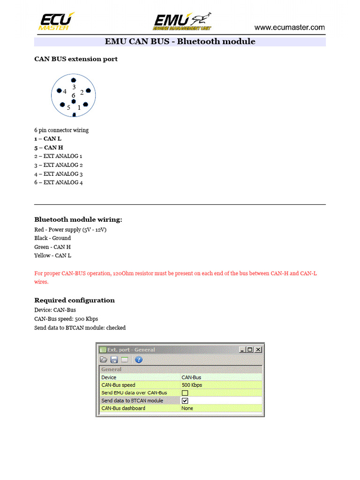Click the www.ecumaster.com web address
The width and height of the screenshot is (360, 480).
pyautogui.click(x=289, y=28)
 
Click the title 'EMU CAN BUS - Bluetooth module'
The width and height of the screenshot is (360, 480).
pyautogui.click(x=180, y=42)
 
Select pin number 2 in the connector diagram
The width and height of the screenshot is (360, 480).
pyautogui.click(x=82, y=92)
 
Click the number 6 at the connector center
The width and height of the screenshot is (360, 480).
pyautogui.click(x=74, y=96)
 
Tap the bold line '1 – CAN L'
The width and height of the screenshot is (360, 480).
pyautogui.click(x=48, y=139)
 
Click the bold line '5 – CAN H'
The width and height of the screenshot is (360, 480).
pyautogui.click(x=49, y=148)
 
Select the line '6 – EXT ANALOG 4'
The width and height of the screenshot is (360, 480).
pyautogui.click(x=59, y=182)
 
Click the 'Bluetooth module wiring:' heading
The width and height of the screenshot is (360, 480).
pyautogui.click(x=78, y=219)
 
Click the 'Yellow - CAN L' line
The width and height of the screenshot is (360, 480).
pyautogui.click(x=52, y=255)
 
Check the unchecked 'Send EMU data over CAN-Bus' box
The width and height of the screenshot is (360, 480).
pyautogui.click(x=185, y=393)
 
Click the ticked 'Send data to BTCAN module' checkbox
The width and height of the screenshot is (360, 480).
pyautogui.click(x=185, y=401)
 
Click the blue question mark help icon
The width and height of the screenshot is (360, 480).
pyautogui.click(x=139, y=360)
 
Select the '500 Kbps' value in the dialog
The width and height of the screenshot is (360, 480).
pyautogui.click(x=192, y=385)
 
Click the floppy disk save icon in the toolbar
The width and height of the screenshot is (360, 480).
pyautogui.click(x=114, y=360)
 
